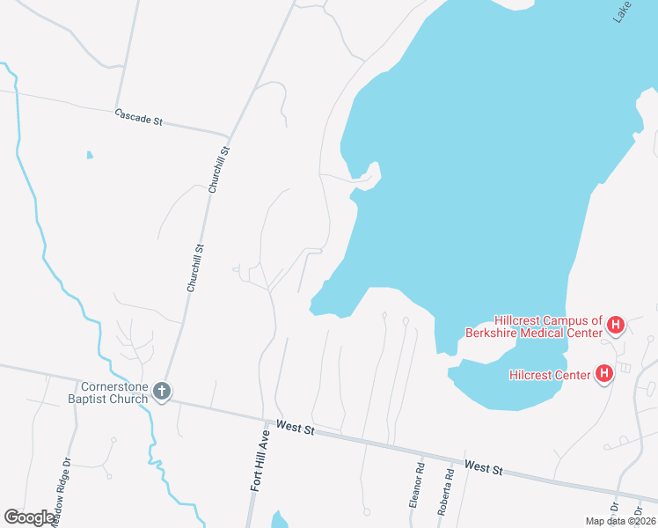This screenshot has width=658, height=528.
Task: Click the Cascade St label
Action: [139, 118]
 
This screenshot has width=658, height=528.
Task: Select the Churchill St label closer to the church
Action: [194, 268]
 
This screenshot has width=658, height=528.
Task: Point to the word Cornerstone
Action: [113, 385]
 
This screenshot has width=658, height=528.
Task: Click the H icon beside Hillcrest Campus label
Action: [616, 326]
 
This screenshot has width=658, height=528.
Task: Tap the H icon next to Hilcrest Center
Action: [604, 375]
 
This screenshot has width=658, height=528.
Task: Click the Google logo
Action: [29, 517]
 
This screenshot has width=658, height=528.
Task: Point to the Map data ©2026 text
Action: [619, 521]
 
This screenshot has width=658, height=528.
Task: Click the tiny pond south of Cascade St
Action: [90, 156]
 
